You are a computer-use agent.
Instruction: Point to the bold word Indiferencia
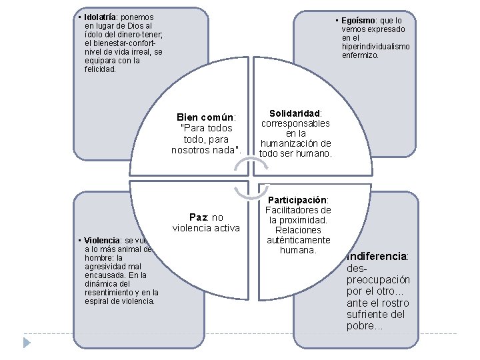pyautogui.click(x=377, y=256)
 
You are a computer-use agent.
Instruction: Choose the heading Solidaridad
pyautogui.click(x=295, y=114)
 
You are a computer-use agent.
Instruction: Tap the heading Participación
pyautogui.click(x=298, y=200)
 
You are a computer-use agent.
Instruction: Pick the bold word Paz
pyautogui.click(x=197, y=217)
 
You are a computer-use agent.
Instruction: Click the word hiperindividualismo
pyautogui.click(x=375, y=47)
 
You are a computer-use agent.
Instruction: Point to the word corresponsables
pyautogui.click(x=295, y=124)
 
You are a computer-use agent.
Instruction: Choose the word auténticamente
pyautogui.click(x=299, y=240)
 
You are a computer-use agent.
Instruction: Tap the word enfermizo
pyautogui.click(x=361, y=55)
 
